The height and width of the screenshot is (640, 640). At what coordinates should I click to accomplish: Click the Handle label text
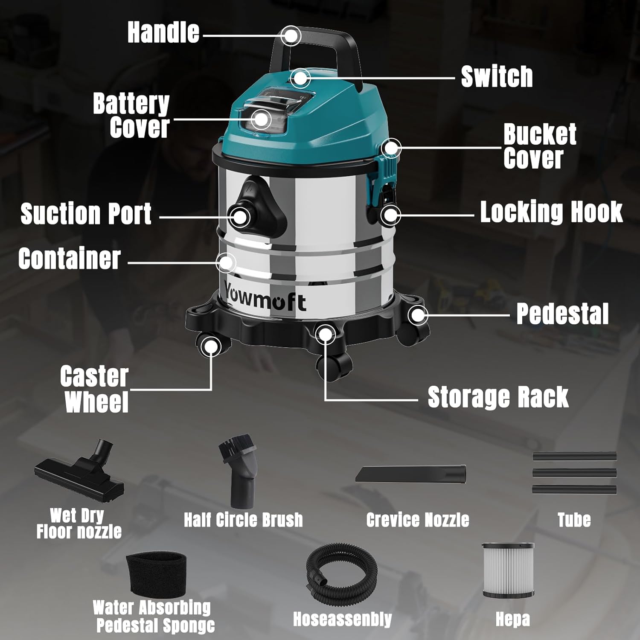point(163,32)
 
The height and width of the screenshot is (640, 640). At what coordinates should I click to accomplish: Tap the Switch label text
point(497,77)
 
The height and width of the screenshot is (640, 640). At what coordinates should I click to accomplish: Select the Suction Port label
point(86,214)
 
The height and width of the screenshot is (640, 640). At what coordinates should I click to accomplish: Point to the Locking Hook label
point(551,212)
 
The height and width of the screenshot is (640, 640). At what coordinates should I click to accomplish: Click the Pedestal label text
point(562,314)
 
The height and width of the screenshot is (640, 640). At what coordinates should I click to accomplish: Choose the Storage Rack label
point(498,397)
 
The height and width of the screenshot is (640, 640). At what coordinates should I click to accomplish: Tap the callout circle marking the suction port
point(241,217)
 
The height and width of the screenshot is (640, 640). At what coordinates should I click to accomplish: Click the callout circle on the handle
point(291,36)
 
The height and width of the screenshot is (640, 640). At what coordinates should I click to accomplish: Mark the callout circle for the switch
point(301,78)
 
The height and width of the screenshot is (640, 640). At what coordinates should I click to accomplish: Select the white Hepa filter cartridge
point(509,570)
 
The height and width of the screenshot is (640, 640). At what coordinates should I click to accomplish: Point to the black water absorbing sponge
point(157,573)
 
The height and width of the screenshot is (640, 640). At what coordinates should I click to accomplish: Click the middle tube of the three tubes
point(574,473)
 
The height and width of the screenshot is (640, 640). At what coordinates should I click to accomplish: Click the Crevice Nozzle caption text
point(417,520)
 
